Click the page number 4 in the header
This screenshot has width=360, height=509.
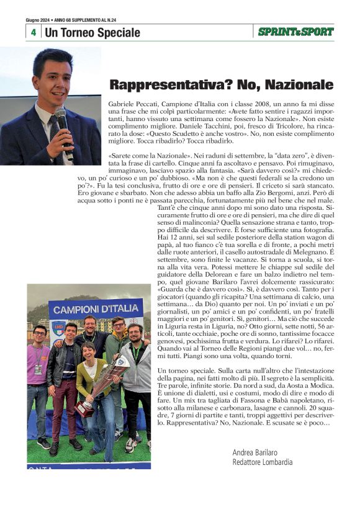coord(33,32)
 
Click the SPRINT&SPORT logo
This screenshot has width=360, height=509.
coord(296,32)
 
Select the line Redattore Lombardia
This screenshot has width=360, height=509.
coord(262,462)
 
